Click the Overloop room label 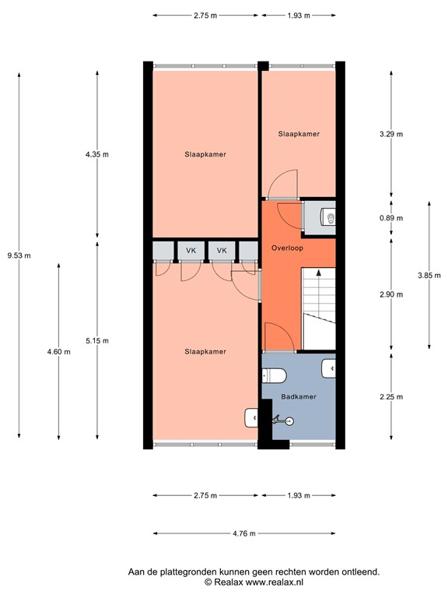click(287, 248)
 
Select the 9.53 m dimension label click(19, 255)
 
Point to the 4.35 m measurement click(96, 154)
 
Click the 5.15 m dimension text click(96, 340)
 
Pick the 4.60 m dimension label click(59, 351)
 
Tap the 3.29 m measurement click(390, 134)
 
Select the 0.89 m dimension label click(390, 219)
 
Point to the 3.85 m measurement click(429, 275)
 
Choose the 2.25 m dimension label click(390, 397)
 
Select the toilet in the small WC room click(329, 217)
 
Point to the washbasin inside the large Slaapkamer click(251, 419)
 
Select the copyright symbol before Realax click(208, 582)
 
